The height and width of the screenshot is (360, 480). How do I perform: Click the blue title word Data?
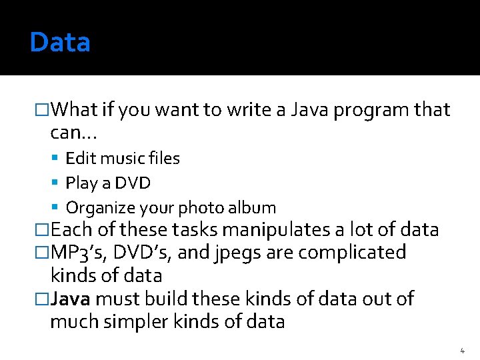(60, 43)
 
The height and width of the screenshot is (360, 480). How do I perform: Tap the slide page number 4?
(463, 350)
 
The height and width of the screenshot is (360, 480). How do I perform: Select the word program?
(364, 110)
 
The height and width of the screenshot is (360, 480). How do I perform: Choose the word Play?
(80, 183)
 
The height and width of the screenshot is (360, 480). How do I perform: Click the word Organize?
(97, 208)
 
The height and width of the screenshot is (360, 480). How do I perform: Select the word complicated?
(352, 253)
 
